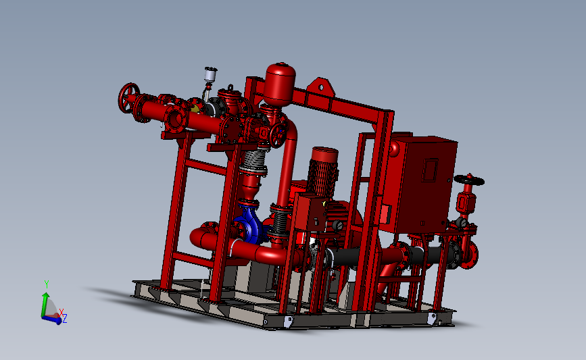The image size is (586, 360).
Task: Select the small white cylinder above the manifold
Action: pos(210,74)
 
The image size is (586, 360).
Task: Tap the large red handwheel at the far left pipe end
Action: pos(128,97)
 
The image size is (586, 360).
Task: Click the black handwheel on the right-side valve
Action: pos(469,180)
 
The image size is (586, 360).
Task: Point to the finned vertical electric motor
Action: pos(322,172)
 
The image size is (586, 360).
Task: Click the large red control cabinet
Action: pos(418,183)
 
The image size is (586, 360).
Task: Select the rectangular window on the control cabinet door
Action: pos(430,170)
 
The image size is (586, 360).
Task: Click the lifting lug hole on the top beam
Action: pos(320,87)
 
